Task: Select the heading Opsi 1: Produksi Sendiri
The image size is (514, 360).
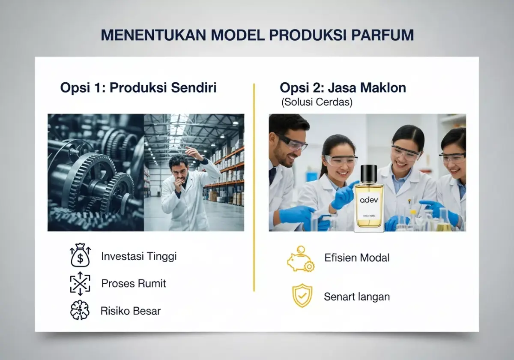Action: pyautogui.click(x=138, y=88)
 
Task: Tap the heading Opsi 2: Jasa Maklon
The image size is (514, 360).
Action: pyautogui.click(x=343, y=88)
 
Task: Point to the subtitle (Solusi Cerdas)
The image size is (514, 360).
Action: pyautogui.click(x=317, y=103)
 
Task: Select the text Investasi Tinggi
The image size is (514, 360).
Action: pyautogui.click(x=139, y=256)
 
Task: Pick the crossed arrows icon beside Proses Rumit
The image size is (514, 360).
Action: pyautogui.click(x=80, y=283)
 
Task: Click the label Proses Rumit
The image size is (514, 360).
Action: pyautogui.click(x=134, y=283)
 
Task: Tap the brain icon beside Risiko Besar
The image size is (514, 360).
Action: pyautogui.click(x=80, y=310)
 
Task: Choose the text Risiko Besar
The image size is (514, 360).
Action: pyautogui.click(x=131, y=311)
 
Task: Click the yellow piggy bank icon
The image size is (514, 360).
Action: pyautogui.click(x=300, y=258)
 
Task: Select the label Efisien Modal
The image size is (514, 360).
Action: pyautogui.click(x=357, y=258)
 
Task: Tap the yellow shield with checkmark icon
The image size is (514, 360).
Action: pyautogui.click(x=302, y=296)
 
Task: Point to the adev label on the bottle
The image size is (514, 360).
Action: pyautogui.click(x=368, y=200)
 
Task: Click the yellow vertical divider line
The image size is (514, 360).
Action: pyautogui.click(x=254, y=189)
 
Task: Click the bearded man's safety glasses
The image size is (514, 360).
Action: pyautogui.click(x=293, y=143)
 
